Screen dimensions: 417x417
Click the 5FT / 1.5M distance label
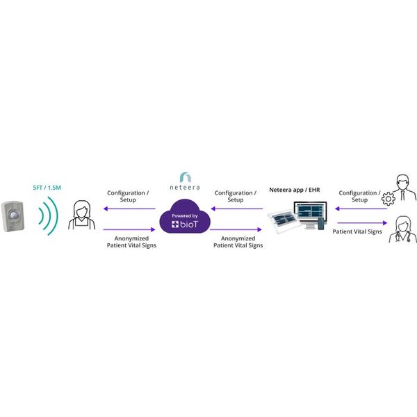click(47, 188)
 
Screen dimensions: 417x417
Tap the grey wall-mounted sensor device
click(13, 216)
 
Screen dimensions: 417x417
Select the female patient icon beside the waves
click(81, 215)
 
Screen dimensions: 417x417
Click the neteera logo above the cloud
click(185, 181)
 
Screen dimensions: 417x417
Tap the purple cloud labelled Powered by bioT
click(185, 216)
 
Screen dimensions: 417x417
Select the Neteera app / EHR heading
click(295, 190)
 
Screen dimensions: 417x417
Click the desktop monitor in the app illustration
click(311, 214)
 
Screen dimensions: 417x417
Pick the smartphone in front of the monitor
click(321, 224)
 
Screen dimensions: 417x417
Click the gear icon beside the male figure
click(389, 199)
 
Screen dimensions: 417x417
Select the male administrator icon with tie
click(404, 188)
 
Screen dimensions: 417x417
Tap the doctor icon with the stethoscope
click(403, 229)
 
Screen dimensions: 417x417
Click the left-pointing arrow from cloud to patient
click(129, 208)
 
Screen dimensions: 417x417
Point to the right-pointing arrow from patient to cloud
click(129, 229)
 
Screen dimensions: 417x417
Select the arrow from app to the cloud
click(237, 208)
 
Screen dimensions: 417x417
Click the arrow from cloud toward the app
click(236, 229)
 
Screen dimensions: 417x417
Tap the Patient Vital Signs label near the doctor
click(357, 232)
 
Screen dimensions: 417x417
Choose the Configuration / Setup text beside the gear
click(359, 196)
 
